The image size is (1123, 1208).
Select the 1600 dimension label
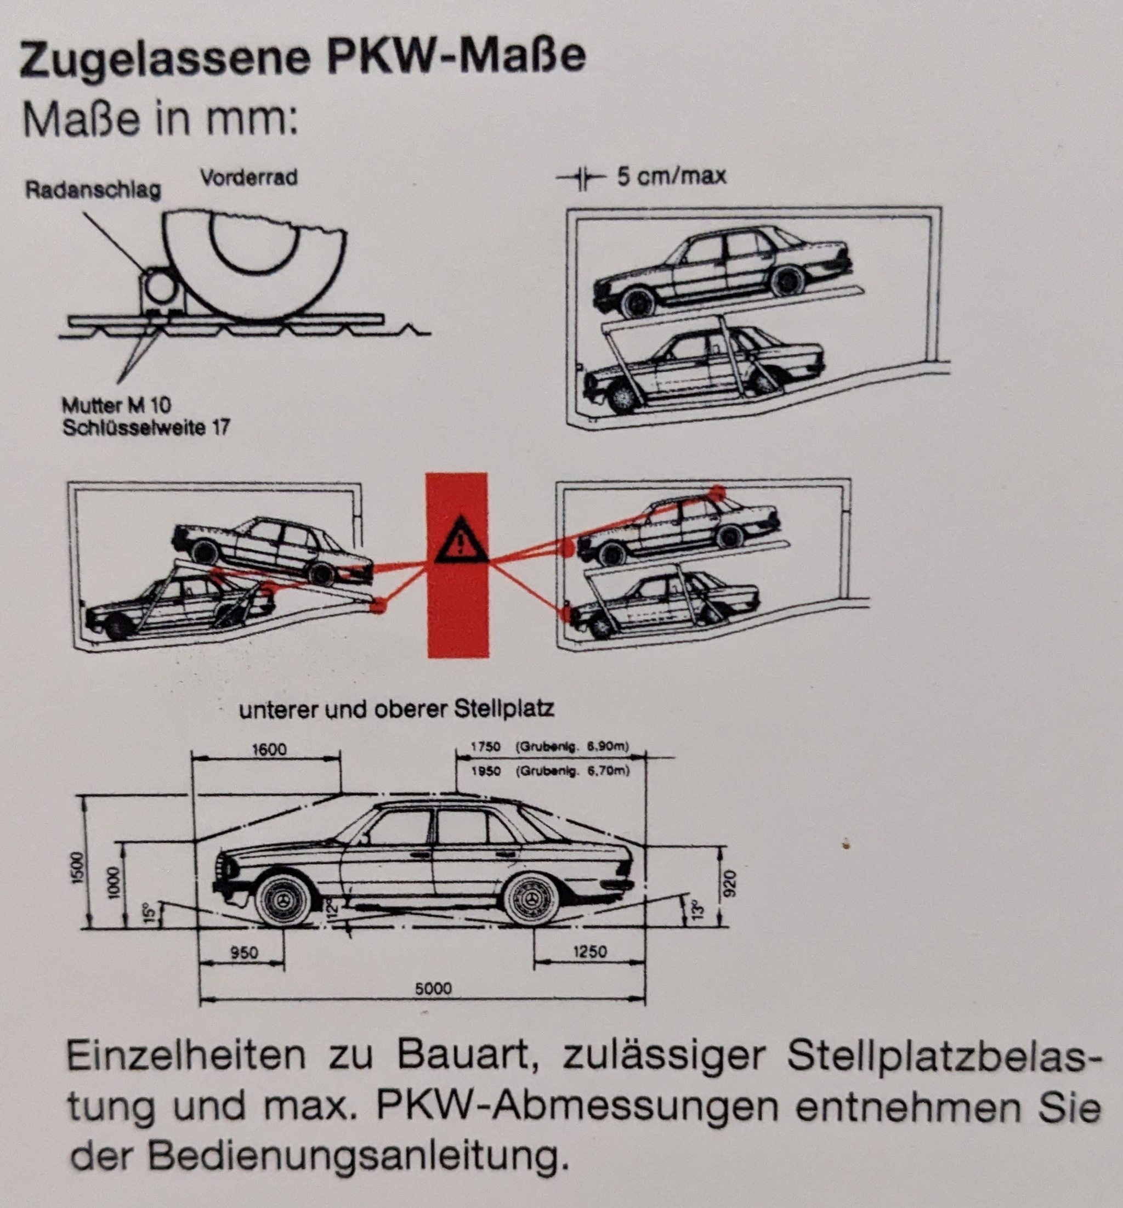269,749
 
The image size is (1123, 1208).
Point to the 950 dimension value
245,952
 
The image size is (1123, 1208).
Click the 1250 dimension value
589,951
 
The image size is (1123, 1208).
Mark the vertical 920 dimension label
730,884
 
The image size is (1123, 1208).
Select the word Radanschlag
94,190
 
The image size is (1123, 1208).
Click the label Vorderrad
249,178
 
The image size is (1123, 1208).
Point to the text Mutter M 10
117,405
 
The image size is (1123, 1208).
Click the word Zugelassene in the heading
165,58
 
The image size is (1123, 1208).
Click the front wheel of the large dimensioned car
284,901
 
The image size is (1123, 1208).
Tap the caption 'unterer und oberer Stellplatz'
397,709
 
